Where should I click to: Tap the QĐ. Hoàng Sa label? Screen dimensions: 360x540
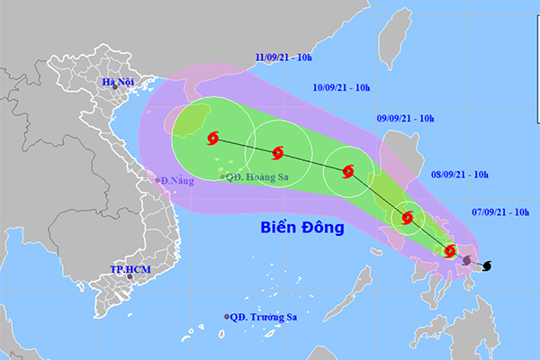257,177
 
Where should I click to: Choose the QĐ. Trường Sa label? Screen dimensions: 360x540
263,317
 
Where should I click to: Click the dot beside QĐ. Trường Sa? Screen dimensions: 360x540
226,317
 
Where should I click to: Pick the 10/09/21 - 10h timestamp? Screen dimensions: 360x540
343,88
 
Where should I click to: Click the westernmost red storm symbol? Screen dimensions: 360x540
213,139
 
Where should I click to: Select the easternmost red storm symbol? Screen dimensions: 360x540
451,251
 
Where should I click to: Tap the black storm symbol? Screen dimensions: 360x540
487,266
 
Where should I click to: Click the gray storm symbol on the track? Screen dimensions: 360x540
467,260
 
